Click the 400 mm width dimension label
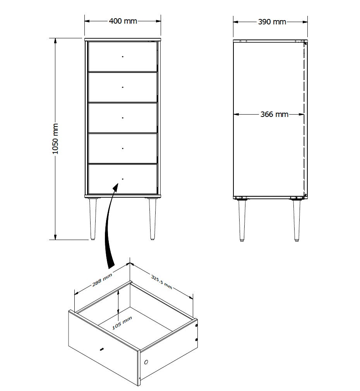click(123, 21)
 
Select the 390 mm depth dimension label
click(272, 22)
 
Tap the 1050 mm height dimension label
click(55, 139)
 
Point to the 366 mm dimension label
click(274, 114)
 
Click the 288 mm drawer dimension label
click(102, 279)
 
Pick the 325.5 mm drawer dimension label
click(161, 282)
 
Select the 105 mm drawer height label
click(122, 323)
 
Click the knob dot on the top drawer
click(123, 57)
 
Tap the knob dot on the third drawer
click(123, 118)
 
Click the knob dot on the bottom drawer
click(123, 179)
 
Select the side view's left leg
click(242, 220)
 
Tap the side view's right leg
click(297, 220)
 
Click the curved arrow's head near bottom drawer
click(115, 187)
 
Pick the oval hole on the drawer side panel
click(146, 362)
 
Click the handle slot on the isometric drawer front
click(101, 349)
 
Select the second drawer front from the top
click(123, 87)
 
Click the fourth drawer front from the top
click(123, 148)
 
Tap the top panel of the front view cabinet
click(123, 39)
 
